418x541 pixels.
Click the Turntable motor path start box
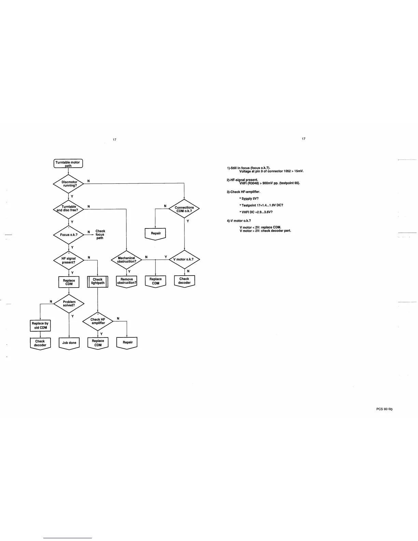tap(68, 164)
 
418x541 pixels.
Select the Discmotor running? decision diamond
tap(69, 184)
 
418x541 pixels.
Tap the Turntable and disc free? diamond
tap(69, 208)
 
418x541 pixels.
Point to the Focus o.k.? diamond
tap(69, 235)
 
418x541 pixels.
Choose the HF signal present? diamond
tap(69, 260)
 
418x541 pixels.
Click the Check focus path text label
tap(100, 235)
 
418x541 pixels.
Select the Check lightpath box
tap(98, 281)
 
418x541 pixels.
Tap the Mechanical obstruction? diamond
tap(126, 260)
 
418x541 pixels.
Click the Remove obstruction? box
tap(126, 281)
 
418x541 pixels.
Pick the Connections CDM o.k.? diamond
tap(184, 209)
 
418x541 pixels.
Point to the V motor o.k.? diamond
tap(184, 259)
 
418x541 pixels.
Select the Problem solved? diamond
tap(69, 304)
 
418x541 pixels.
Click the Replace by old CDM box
tap(40, 325)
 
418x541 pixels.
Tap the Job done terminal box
tap(69, 343)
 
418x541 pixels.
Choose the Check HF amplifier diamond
tap(98, 321)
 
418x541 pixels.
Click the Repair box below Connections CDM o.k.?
tap(155, 234)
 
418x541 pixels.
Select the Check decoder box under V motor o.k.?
tap(184, 281)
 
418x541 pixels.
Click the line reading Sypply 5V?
tap(250, 198)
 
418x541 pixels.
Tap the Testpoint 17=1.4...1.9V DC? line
tap(262, 205)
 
